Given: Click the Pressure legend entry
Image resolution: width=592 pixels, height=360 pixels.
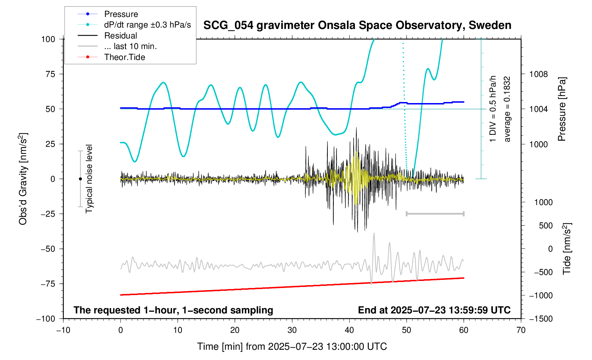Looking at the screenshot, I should [x=121, y=14].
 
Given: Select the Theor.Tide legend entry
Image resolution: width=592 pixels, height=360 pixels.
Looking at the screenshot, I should [x=124, y=57].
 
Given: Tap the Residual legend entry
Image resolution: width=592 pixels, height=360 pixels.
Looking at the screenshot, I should [x=120, y=36].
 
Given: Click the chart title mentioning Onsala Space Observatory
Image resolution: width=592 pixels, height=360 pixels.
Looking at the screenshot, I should [x=357, y=25].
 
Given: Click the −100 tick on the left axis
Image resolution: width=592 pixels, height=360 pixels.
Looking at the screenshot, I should [x=46, y=319].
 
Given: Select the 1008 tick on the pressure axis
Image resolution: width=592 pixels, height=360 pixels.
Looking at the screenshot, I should [x=538, y=74].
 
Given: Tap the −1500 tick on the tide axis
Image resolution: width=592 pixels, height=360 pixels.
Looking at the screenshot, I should [x=541, y=319].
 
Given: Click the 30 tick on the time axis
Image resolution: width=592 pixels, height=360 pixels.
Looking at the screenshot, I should [x=292, y=330].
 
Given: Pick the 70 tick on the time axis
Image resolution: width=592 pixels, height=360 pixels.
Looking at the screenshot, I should [x=521, y=330].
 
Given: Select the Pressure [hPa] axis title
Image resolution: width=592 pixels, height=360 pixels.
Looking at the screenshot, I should [x=562, y=109].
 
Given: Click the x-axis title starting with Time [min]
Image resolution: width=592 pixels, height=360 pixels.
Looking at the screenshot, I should [x=292, y=347].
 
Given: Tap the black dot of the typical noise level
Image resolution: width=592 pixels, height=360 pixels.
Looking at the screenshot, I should [x=80, y=179].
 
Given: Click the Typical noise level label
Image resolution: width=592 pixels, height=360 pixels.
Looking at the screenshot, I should [x=89, y=179].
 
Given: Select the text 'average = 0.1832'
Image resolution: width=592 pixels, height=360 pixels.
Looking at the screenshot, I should [x=507, y=109].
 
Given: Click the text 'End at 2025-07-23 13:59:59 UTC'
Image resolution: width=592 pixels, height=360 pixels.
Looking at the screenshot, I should [x=434, y=310].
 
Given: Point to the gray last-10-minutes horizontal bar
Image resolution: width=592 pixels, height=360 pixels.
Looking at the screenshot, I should [x=435, y=214].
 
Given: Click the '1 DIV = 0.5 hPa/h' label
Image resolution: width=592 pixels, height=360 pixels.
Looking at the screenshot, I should [x=493, y=109].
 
